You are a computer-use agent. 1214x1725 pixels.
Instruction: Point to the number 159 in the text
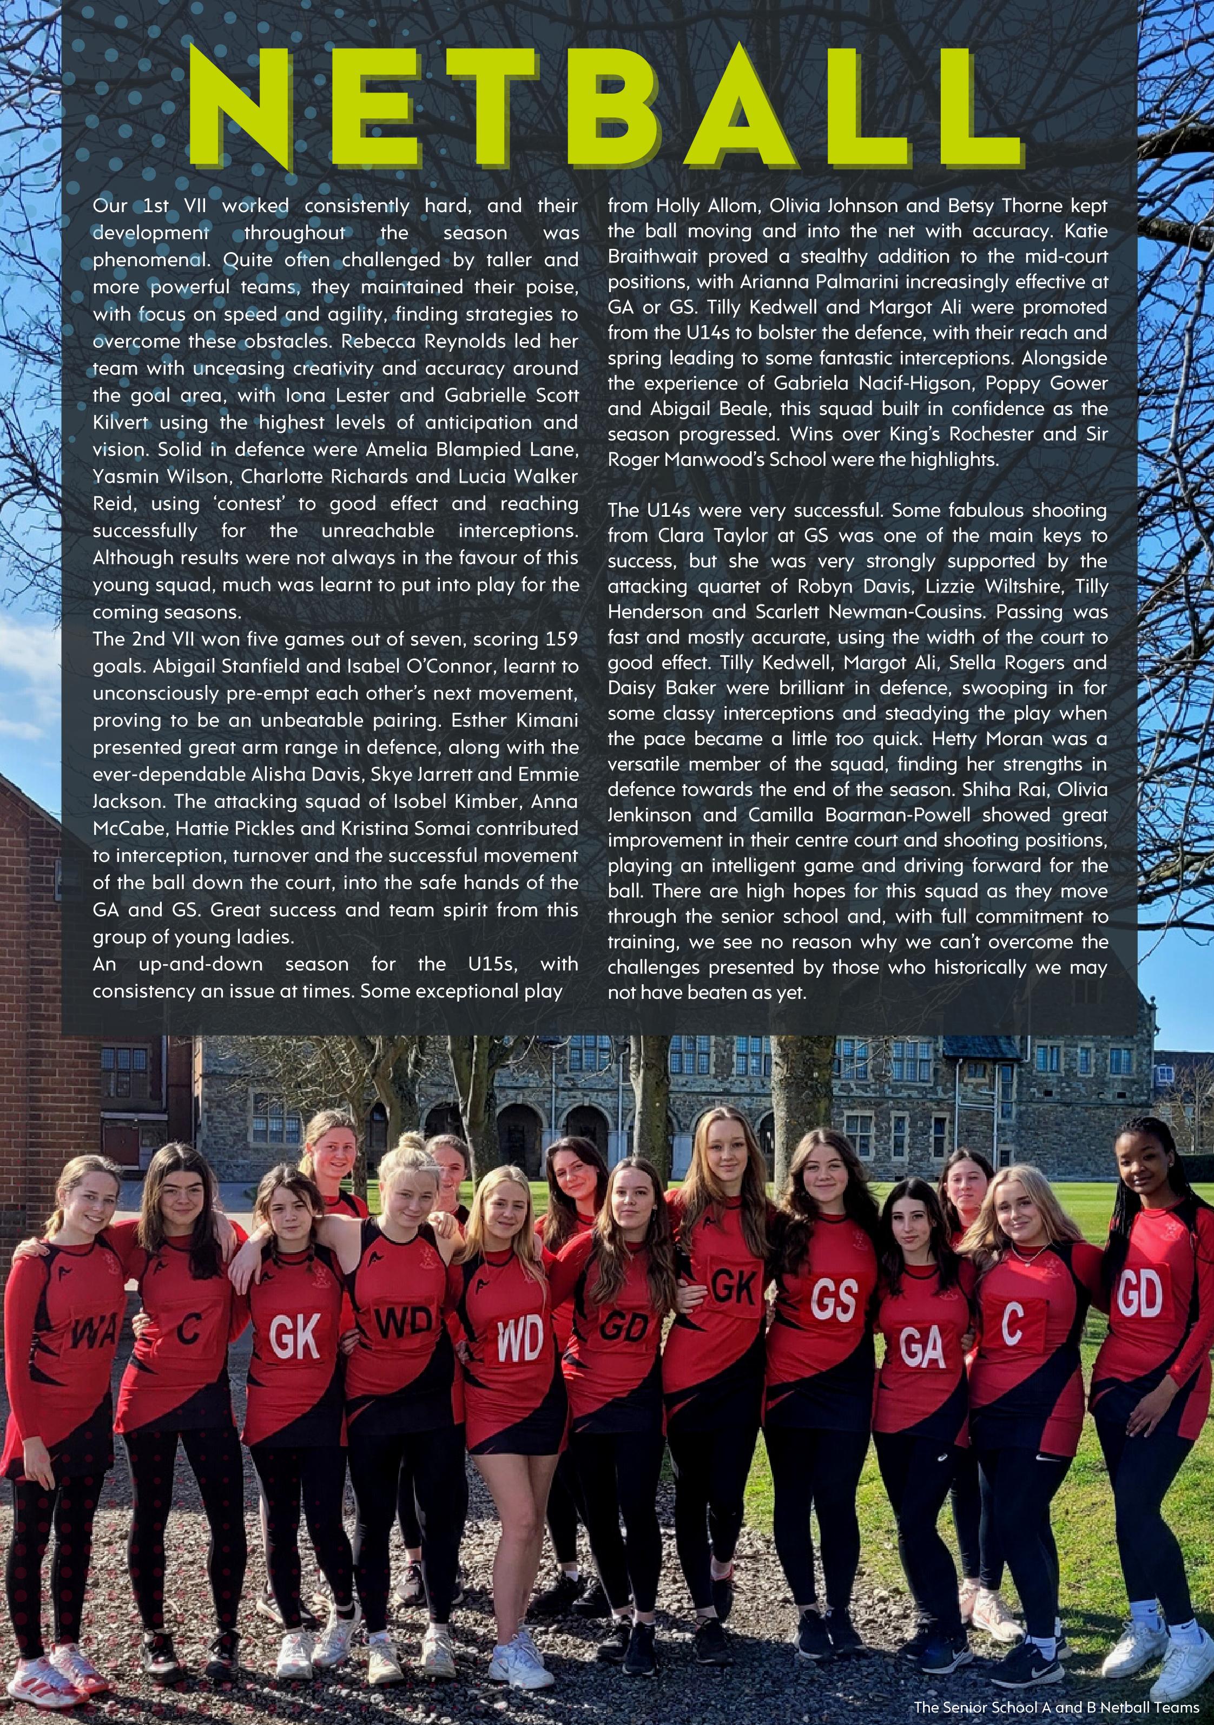pos(559,640)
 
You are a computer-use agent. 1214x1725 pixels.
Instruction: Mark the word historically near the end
pos(980,967)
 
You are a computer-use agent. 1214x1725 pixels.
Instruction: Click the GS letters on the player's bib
pos(834,1300)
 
